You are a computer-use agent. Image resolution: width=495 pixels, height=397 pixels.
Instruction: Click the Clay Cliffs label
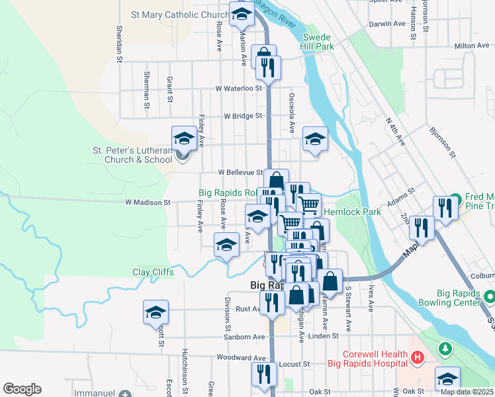point(153,272)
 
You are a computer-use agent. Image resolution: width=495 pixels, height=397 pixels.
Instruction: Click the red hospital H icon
point(418,359)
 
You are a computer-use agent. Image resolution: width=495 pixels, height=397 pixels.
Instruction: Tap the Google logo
point(22,389)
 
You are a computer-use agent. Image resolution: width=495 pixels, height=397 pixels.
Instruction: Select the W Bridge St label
point(243,116)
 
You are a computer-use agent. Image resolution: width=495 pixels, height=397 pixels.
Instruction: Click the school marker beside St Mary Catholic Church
point(242,14)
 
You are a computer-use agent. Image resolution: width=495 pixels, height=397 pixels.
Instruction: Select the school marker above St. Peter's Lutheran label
point(184,138)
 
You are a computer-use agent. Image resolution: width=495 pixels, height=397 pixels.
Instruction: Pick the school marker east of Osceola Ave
point(315,139)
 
